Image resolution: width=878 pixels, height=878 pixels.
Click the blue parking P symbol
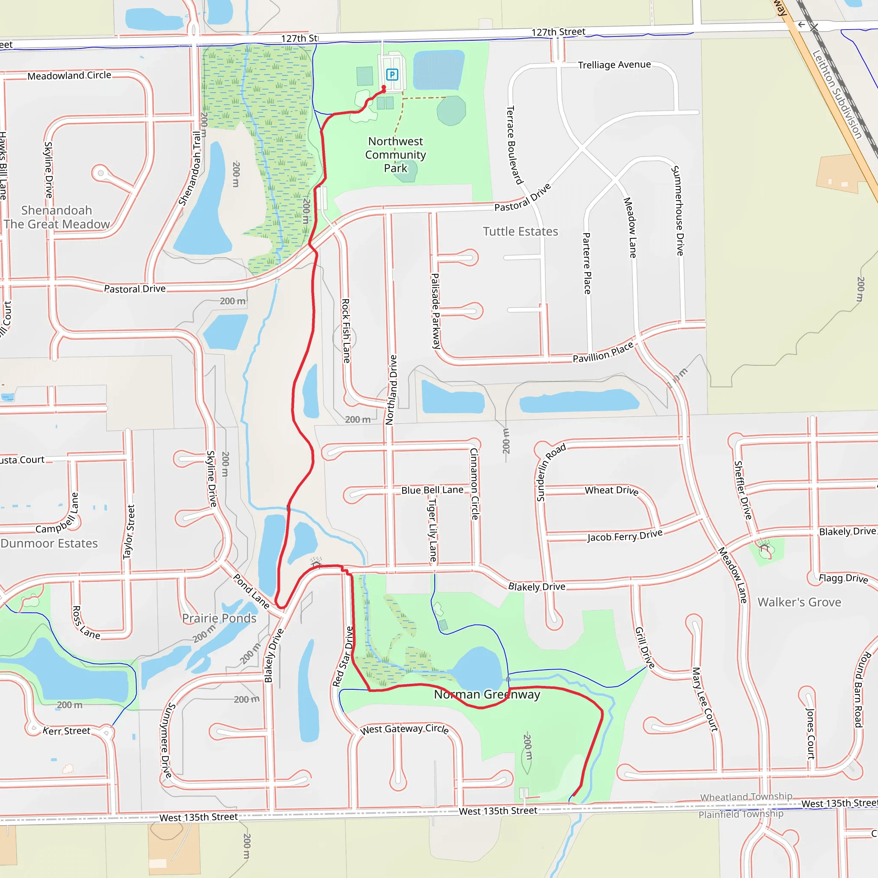392,75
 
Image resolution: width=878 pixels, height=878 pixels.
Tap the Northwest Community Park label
395,155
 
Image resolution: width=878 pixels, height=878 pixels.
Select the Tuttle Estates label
520,232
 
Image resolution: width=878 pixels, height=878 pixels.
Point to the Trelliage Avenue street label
614,65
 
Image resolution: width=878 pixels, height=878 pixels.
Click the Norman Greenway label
487,695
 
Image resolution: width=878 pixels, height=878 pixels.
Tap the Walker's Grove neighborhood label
799,603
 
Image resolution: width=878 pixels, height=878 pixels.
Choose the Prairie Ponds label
219,619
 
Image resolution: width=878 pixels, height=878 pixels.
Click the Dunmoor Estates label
49,544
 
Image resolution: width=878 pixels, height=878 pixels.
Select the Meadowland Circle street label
69,75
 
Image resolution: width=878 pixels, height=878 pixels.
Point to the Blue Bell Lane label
432,490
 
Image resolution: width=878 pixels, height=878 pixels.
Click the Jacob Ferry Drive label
625,536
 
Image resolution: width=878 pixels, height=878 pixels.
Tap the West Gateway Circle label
404,729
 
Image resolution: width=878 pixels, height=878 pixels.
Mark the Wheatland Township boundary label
746,797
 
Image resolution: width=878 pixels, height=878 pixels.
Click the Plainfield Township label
741,815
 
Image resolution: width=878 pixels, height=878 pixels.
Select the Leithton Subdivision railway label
837,94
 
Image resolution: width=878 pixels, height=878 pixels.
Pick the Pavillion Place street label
603,353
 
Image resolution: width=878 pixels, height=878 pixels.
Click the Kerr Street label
66,731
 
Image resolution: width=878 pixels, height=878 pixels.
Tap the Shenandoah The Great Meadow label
57,217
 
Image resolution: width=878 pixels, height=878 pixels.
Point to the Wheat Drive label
611,490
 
